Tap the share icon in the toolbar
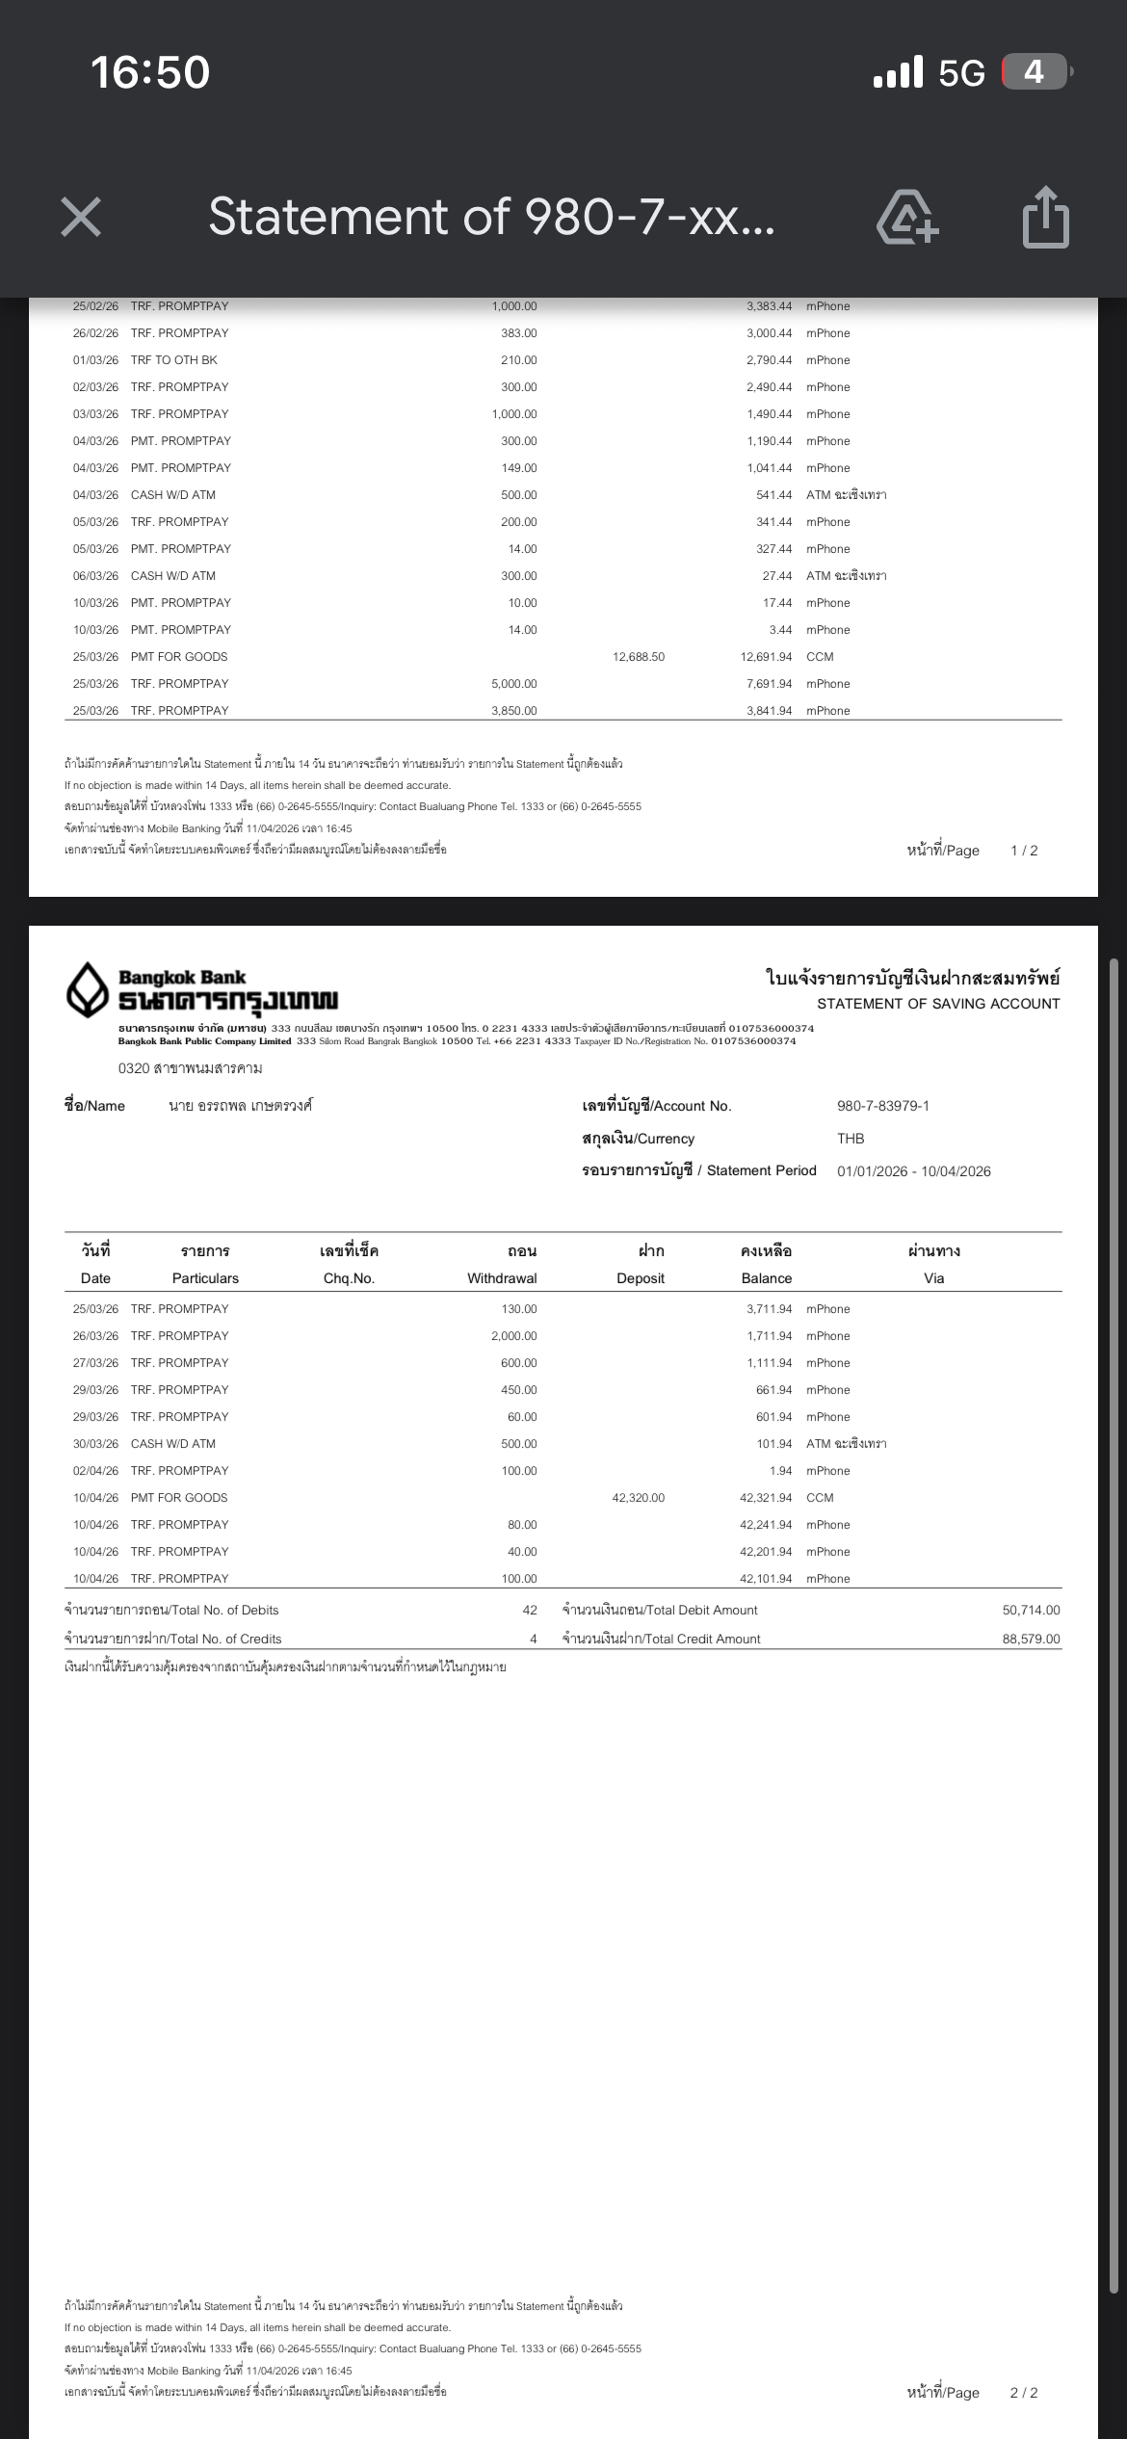[x=1045, y=217]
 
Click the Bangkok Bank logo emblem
[x=87, y=989]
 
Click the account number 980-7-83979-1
[x=882, y=1106]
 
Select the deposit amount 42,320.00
[x=638, y=1498]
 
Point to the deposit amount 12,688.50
[x=638, y=657]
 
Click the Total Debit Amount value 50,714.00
[x=1031, y=1611]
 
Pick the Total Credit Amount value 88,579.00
[x=1031, y=1639]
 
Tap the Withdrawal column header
[x=502, y=1278]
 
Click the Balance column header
[x=766, y=1278]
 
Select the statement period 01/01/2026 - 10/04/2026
[x=913, y=1171]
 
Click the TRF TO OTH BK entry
[x=174, y=360]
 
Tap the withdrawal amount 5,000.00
[x=513, y=684]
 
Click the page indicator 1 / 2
[x=1024, y=851]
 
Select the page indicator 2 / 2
[x=1024, y=2393]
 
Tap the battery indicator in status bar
[x=1035, y=72]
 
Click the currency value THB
[x=851, y=1139]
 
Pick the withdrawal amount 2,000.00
[x=513, y=1336]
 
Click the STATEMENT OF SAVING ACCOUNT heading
[x=938, y=1004]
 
